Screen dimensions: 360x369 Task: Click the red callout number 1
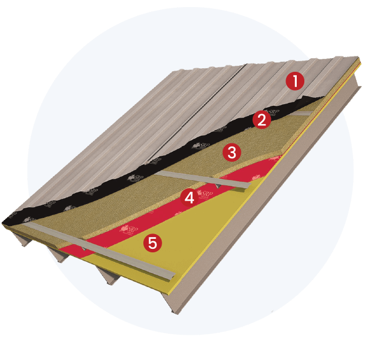tap(294, 81)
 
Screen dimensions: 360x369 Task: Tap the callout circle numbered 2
tap(261, 120)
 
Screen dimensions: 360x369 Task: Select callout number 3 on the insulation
tap(232, 153)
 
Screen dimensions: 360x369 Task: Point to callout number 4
tap(189, 197)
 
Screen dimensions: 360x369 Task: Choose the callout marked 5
tap(152, 242)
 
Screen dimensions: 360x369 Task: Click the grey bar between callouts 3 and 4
tap(200, 179)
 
